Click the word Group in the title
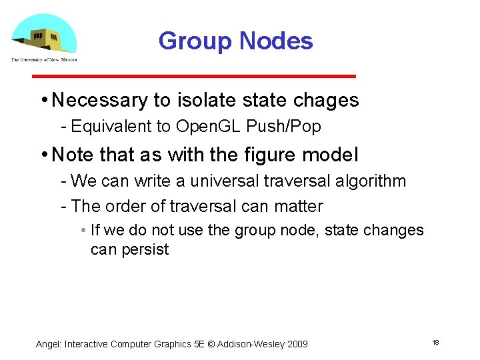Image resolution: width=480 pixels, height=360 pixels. pyautogui.click(x=195, y=41)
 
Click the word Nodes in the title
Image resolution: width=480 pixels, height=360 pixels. pyautogui.click(x=275, y=41)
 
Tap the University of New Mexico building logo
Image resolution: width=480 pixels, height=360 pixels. pyautogui.click(x=44, y=37)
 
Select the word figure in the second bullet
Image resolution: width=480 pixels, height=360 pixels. pyautogui.click(x=261, y=155)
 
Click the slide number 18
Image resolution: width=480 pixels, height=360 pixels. pyautogui.click(x=435, y=343)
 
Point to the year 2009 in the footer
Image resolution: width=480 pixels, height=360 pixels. pyautogui.click(x=297, y=344)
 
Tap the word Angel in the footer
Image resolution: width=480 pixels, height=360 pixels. pyautogui.click(x=48, y=344)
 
